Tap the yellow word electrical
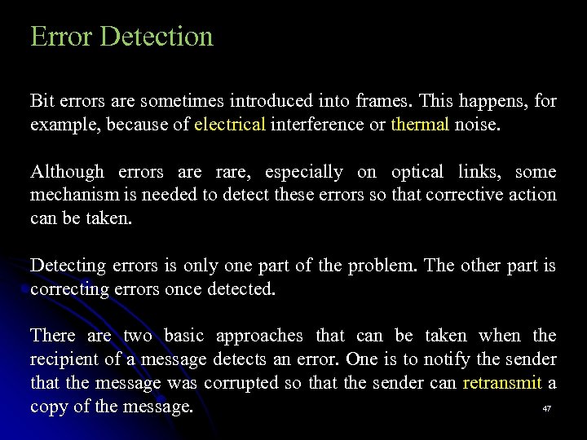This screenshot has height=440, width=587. click(x=230, y=125)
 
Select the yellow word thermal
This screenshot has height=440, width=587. click(x=420, y=125)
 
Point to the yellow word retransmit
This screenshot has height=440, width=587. click(x=501, y=383)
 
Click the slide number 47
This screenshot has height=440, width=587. click(x=547, y=408)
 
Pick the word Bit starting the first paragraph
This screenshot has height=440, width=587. click(x=42, y=102)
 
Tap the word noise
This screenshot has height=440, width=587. click(x=479, y=125)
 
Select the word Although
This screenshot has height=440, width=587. click(x=67, y=172)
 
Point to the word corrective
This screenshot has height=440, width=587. click(x=475, y=195)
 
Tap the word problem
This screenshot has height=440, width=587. click(x=381, y=266)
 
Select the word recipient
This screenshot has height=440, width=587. click(x=64, y=359)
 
